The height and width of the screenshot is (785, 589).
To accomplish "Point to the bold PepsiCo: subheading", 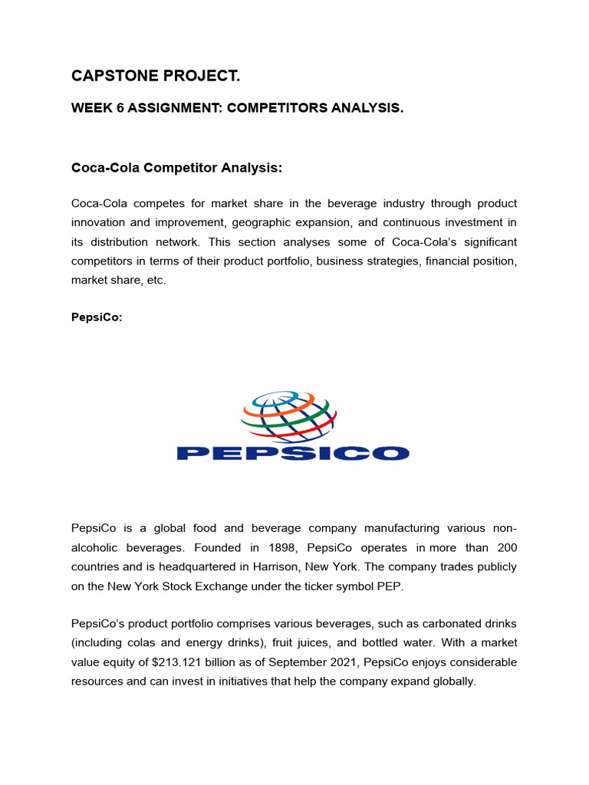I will pyautogui.click(x=97, y=318).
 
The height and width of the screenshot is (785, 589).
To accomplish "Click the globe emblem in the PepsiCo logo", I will pyautogui.click(x=289, y=416).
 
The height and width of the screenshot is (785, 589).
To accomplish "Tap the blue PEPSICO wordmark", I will pyautogui.click(x=293, y=453).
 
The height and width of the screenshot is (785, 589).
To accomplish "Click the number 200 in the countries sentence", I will pyautogui.click(x=507, y=547).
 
